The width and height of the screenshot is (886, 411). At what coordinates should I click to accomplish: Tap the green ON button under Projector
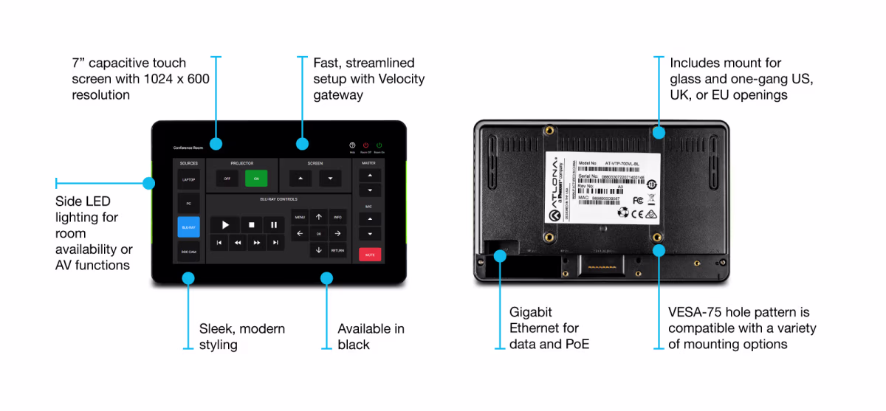(x=256, y=178)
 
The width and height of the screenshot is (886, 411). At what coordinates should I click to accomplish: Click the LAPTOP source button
(x=188, y=179)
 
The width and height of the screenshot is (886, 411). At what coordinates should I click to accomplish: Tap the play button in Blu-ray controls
(x=226, y=224)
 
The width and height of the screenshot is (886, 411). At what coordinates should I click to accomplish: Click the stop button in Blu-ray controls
(x=250, y=224)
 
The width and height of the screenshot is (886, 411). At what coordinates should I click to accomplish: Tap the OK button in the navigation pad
(x=319, y=234)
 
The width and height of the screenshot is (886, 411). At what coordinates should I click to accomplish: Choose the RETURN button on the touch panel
(x=337, y=250)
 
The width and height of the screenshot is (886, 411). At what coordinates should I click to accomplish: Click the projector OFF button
(x=227, y=178)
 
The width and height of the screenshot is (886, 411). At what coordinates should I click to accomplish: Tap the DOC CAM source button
(x=188, y=252)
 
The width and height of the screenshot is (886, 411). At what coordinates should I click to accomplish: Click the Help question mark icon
(x=352, y=145)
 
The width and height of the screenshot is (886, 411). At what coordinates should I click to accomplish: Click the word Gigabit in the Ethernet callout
(x=531, y=312)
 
